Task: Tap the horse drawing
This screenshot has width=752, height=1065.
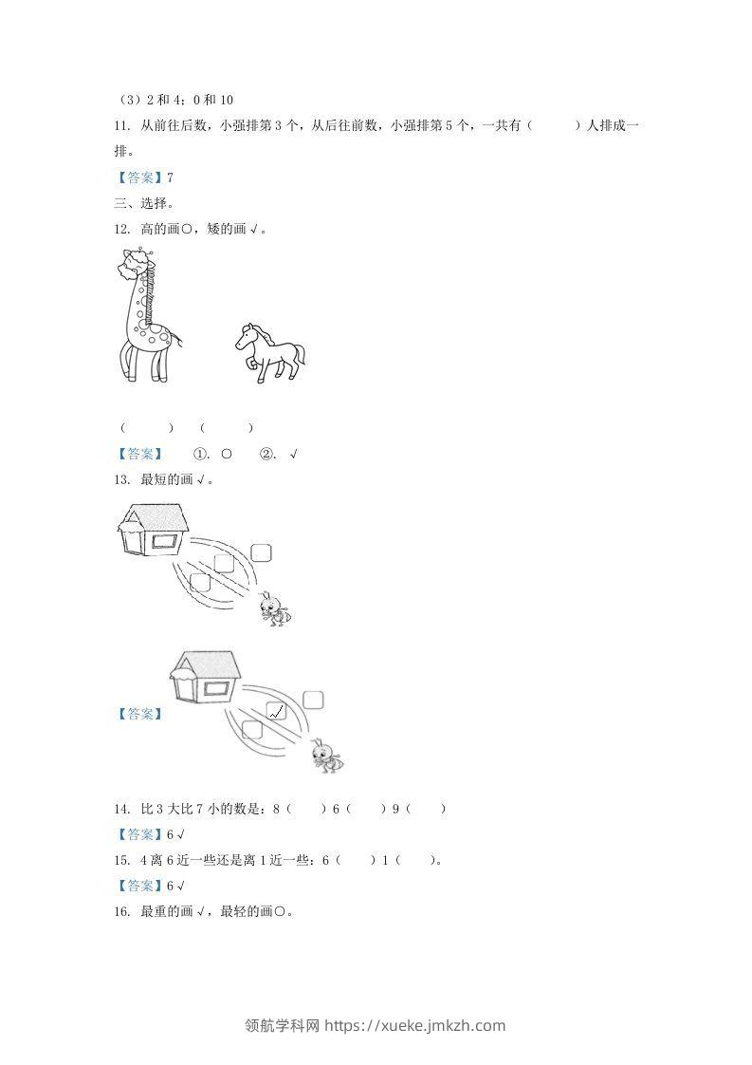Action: (269, 352)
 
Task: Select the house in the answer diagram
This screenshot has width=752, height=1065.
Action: (207, 677)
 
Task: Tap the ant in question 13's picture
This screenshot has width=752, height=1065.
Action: (275, 608)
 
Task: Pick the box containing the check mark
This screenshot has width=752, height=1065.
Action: (277, 709)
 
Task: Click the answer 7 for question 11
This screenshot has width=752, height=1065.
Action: (170, 177)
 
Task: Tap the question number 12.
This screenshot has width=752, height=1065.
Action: (120, 229)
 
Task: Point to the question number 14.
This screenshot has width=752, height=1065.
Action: (120, 809)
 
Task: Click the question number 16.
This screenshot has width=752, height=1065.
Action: (120, 912)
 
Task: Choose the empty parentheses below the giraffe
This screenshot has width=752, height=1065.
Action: (147, 428)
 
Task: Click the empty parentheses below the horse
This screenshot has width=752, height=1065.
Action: (227, 428)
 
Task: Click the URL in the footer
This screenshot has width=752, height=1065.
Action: (414, 1025)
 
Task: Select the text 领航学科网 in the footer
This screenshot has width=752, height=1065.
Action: (283, 1025)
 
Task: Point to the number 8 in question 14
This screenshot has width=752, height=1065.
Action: (276, 809)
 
